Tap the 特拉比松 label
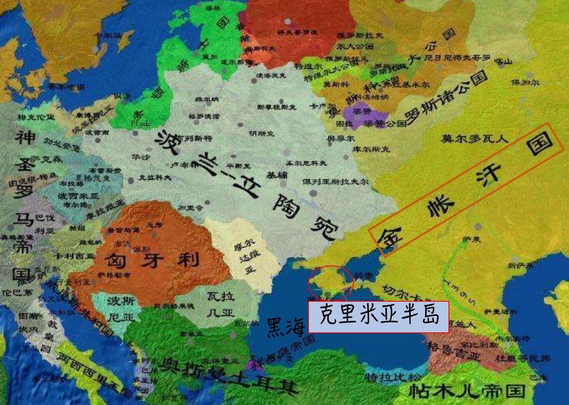pos(386,377)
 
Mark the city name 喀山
pos(503,62)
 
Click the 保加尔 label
pos(525,82)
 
